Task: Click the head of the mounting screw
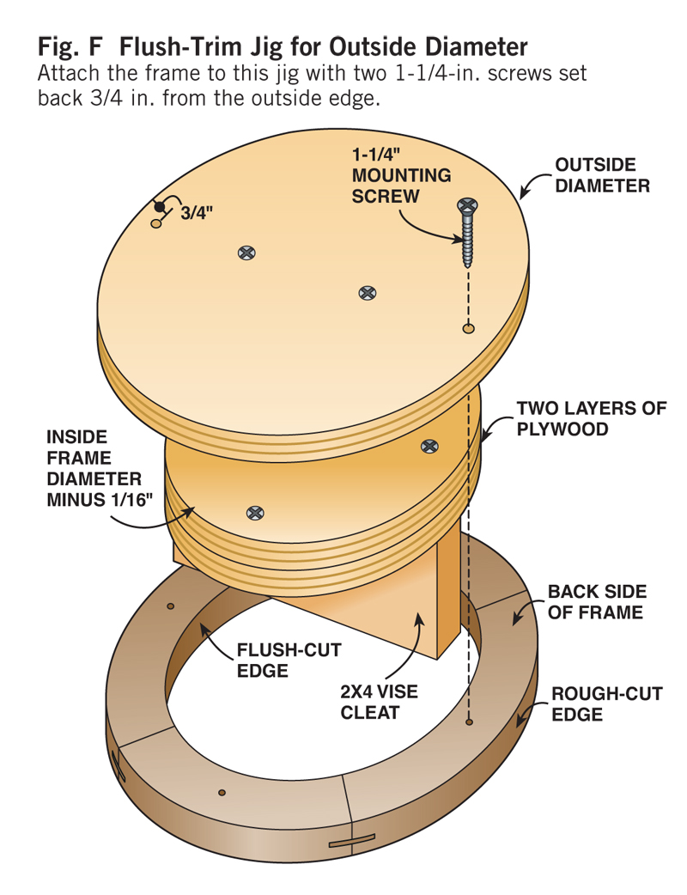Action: [x=467, y=207]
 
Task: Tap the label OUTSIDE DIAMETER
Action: [x=602, y=174]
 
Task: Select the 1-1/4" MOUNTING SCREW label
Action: [x=400, y=175]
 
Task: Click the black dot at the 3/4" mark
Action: [x=159, y=207]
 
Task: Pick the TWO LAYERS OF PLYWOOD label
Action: [x=591, y=417]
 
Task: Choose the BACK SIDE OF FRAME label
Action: [x=596, y=601]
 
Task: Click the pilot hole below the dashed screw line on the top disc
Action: [x=468, y=328]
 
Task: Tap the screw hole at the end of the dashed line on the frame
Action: [x=468, y=723]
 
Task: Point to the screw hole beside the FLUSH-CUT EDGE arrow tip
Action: [x=171, y=606]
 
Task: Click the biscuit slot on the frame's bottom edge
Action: [x=352, y=841]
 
